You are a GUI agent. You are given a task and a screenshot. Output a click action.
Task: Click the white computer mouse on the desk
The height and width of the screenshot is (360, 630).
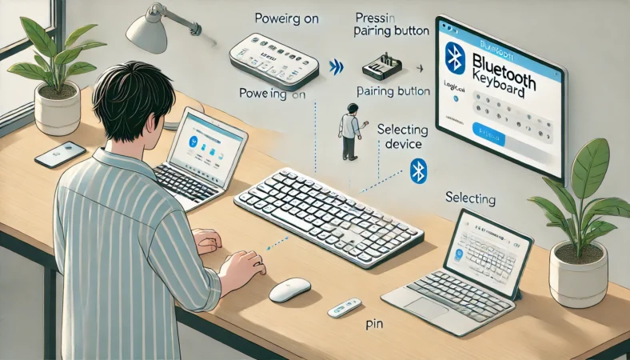click(x=289, y=290)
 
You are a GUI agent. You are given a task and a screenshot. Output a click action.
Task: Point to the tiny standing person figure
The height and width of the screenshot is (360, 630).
click(x=349, y=131)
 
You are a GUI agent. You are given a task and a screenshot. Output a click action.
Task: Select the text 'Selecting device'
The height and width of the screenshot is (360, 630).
click(x=402, y=137)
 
